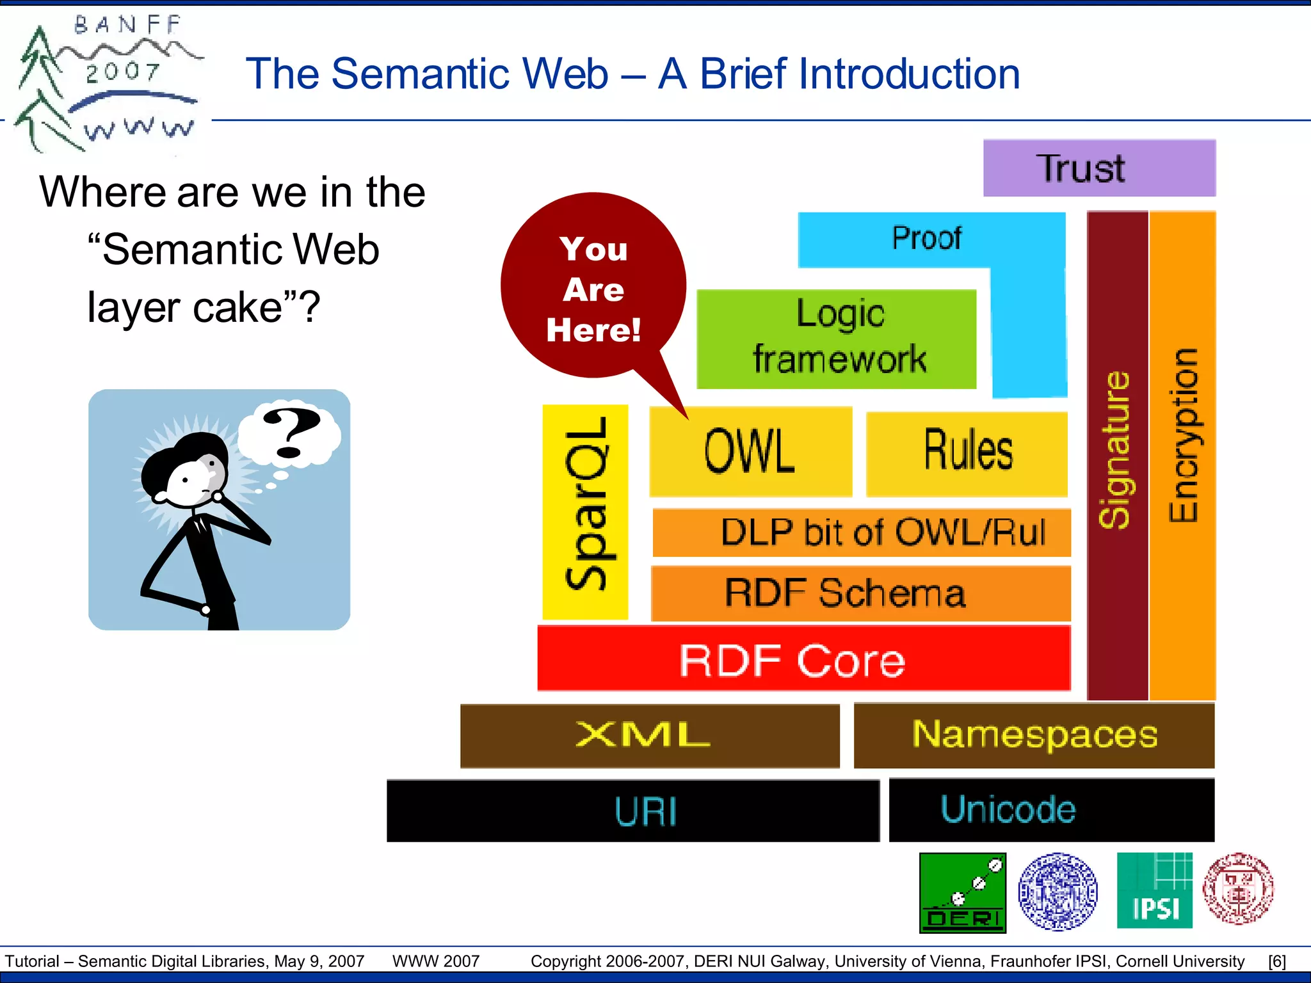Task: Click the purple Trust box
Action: (x=1098, y=168)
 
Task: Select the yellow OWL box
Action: (x=750, y=452)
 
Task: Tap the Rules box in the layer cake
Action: (x=967, y=453)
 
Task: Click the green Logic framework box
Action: (x=836, y=339)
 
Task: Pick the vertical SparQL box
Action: (x=584, y=511)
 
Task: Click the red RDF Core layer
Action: (x=803, y=659)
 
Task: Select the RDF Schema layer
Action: (x=860, y=593)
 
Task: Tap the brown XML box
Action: (x=649, y=735)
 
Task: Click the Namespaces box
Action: (x=1033, y=735)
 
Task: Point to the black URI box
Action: (x=632, y=810)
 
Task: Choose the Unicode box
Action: (x=1051, y=810)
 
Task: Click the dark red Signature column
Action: (x=1117, y=454)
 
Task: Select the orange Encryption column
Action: (x=1182, y=454)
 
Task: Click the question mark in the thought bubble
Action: (x=291, y=433)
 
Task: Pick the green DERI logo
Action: (x=962, y=893)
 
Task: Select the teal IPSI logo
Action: (x=1154, y=890)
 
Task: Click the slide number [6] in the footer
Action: (x=1276, y=961)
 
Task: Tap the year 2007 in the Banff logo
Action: (x=122, y=72)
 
